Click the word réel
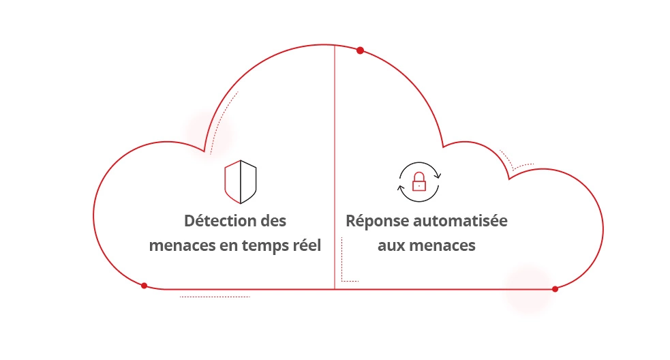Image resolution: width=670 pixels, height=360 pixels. (304, 245)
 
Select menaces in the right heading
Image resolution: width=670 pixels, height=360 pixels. (442, 245)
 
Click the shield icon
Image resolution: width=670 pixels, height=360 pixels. (240, 182)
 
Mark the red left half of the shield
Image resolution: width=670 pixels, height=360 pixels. (232, 182)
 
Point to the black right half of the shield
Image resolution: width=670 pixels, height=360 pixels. (248, 182)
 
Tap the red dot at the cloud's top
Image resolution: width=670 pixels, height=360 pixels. (360, 50)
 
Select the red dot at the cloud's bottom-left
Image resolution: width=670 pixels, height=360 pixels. (144, 286)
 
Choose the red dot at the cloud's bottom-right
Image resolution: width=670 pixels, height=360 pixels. (555, 289)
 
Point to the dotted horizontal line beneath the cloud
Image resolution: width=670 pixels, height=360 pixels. (215, 297)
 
